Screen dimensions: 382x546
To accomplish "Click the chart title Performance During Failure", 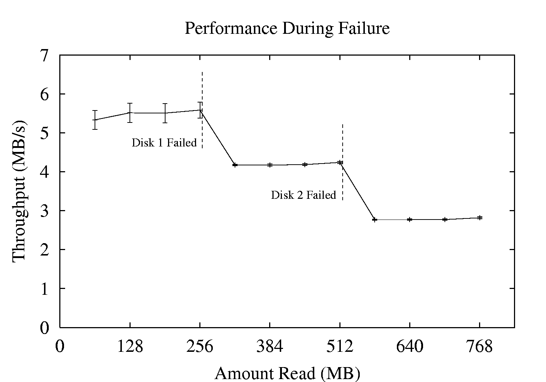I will click(287, 28).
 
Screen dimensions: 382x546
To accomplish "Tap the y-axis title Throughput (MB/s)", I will click(19, 189).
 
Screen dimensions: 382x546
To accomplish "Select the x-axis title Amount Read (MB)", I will click(287, 373).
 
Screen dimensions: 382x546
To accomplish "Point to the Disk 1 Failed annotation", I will click(164, 143).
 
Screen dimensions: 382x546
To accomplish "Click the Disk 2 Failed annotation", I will click(303, 195).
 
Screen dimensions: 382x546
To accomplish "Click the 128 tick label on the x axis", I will click(130, 346).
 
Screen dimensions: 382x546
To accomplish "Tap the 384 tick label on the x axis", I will click(270, 346).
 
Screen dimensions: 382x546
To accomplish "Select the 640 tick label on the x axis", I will click(410, 346).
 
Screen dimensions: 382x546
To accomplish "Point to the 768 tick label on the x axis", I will click(479, 346).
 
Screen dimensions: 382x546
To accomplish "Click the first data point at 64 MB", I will click(95, 120).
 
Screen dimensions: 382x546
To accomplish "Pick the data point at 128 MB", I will click(130, 113).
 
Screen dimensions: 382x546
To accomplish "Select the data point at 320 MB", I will click(235, 165).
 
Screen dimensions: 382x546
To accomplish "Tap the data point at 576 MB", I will click(375, 220).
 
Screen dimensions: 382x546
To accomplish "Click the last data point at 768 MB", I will click(480, 218).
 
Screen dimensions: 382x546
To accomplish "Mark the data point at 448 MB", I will click(305, 165).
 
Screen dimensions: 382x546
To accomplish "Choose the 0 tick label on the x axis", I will click(60, 346).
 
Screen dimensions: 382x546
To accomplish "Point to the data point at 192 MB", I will click(165, 113).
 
